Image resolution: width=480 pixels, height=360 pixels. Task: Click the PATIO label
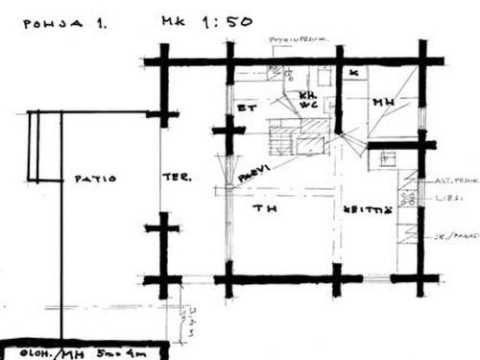[x=95, y=179]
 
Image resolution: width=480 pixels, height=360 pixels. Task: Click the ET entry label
[x=247, y=108]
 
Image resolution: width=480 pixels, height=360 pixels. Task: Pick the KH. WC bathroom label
[x=308, y=99]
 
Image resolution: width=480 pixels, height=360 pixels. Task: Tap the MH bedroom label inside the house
[x=384, y=103]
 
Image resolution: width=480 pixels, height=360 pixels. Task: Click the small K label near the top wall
[x=353, y=73]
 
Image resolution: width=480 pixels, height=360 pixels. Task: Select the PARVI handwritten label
[x=252, y=174]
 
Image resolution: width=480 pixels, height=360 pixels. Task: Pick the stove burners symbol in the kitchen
[x=407, y=198]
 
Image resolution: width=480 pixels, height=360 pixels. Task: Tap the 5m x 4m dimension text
[x=121, y=352]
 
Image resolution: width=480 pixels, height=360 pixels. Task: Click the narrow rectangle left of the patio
[x=33, y=146]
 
